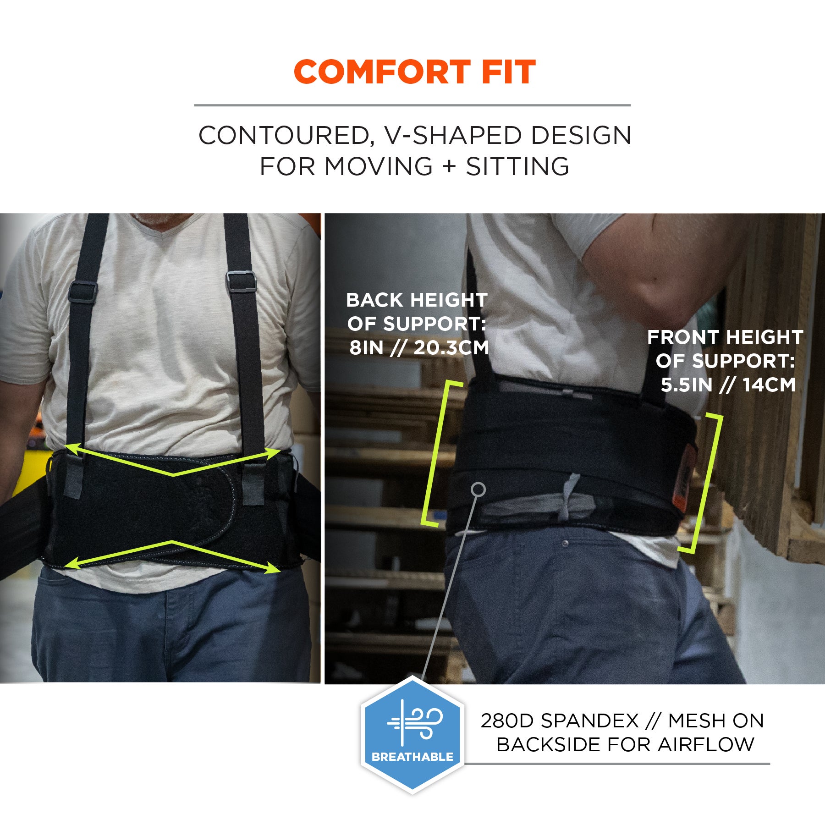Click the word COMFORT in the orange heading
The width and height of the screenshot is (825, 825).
coord(382,72)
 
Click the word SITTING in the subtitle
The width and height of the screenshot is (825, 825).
coord(517,166)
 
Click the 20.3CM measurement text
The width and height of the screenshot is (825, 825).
coord(451,348)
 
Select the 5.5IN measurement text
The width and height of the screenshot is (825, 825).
coord(686,385)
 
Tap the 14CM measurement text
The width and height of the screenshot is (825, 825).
coord(769,385)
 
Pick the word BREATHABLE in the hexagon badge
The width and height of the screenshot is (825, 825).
coord(412,757)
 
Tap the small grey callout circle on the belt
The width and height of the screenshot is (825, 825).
coord(478,489)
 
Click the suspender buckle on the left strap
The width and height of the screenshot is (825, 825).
coord(82,291)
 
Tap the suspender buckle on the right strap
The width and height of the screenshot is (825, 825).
coord(241,281)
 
